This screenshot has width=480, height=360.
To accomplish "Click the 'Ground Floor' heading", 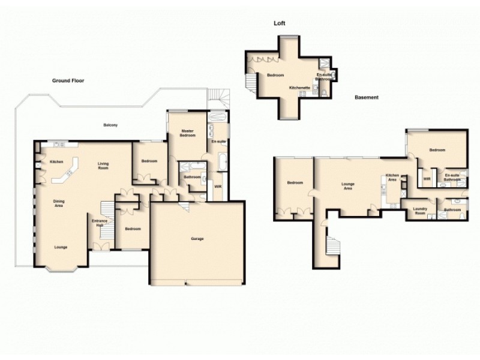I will click(x=67, y=80).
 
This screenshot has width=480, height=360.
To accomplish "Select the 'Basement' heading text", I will click(x=366, y=97).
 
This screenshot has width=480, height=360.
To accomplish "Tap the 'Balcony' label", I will click(x=110, y=125).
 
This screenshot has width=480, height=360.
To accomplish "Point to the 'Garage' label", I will click(x=197, y=239).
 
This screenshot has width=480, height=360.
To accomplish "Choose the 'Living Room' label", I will click(x=107, y=166).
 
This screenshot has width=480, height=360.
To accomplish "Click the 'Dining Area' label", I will click(x=59, y=204).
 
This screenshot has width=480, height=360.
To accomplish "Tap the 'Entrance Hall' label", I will click(x=99, y=223).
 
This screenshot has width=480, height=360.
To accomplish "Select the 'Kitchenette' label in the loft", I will click(x=299, y=88).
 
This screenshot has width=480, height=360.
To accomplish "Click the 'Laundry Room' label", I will click(x=421, y=211).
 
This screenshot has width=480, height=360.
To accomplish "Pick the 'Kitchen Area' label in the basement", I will click(x=392, y=177).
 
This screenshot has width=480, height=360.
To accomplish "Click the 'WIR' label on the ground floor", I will click(x=218, y=187).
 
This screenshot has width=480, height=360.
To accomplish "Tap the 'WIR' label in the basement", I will click(x=427, y=178).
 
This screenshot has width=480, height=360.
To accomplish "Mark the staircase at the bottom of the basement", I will click(x=331, y=246).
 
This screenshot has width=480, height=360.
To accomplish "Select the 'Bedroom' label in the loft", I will click(x=275, y=76).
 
